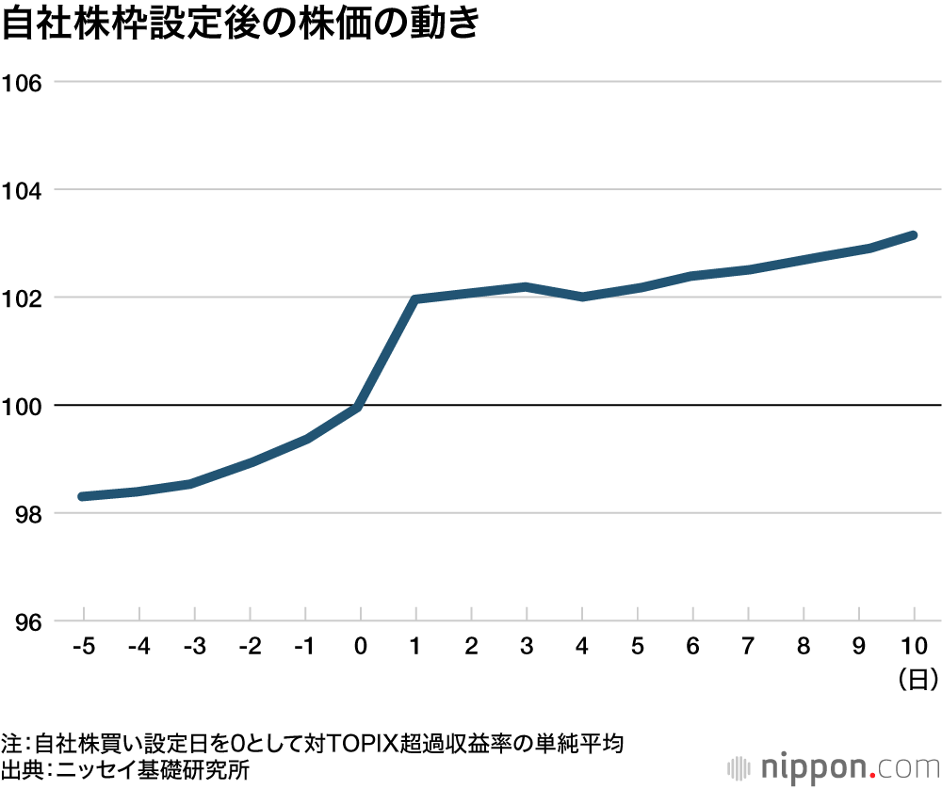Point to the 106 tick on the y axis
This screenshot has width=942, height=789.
pos(24,82)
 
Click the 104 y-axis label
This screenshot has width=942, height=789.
pos(24,190)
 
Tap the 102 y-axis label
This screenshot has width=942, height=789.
pos(24,298)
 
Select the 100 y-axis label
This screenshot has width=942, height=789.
pos(24,406)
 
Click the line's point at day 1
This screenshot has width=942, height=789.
pos(415,299)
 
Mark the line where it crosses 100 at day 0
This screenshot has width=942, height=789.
pos(359,407)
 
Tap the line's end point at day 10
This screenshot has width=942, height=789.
pos(913,234)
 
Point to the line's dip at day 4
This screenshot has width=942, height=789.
pos(582,297)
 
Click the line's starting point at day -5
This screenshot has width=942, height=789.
pos(83,496)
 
